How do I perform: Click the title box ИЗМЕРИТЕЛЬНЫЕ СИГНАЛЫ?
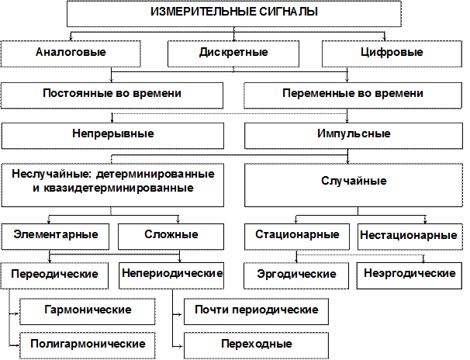click(233, 13)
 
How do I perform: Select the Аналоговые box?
click(71, 53)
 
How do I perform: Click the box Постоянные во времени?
click(112, 94)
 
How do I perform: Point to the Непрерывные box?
click(112, 134)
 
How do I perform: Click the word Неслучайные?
click(43, 174)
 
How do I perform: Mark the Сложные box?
click(171, 234)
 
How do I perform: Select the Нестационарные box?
click(408, 234)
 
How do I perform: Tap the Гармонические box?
click(85, 310)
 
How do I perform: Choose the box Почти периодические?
click(256, 310)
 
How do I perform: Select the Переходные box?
click(256, 343)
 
